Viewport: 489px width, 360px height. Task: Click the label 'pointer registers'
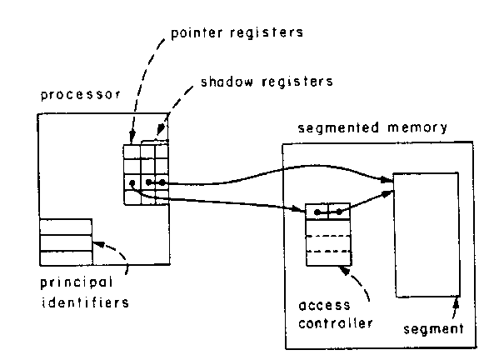click(x=237, y=33)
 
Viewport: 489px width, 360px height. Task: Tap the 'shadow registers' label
click(x=267, y=82)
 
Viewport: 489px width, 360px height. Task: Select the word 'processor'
click(x=81, y=95)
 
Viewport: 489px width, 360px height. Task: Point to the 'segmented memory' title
click(x=372, y=127)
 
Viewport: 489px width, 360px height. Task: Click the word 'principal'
click(x=77, y=282)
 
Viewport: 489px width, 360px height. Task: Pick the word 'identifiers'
click(x=85, y=302)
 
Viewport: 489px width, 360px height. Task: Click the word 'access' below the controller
click(x=324, y=305)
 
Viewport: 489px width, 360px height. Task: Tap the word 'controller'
click(x=336, y=322)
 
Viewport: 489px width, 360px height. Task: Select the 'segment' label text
click(x=433, y=329)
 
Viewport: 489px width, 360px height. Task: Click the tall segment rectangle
click(x=427, y=235)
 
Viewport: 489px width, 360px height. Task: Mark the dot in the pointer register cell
click(x=132, y=182)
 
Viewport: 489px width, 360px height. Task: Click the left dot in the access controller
click(x=317, y=212)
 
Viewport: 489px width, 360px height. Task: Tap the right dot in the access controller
click(x=339, y=212)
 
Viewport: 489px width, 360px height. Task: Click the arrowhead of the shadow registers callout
click(x=160, y=130)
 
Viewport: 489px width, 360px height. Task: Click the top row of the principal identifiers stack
click(x=66, y=227)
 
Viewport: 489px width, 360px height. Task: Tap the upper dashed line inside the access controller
click(x=329, y=236)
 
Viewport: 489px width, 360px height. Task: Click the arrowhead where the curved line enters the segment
click(x=386, y=179)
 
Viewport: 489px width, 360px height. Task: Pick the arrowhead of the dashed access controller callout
click(x=344, y=271)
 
